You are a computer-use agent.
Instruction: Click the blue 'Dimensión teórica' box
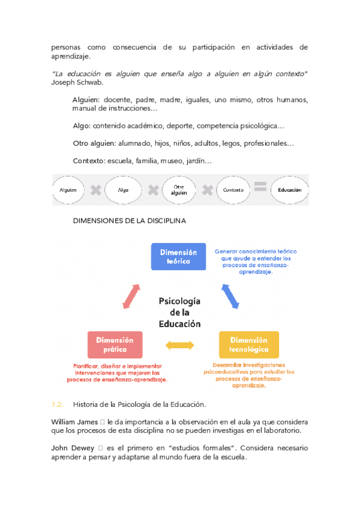[x=178, y=257]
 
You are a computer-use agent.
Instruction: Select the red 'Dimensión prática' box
[x=115, y=345]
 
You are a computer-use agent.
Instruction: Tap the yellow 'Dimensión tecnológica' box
[x=248, y=345]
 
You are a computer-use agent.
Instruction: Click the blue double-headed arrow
[x=230, y=296]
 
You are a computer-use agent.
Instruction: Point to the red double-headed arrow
[x=131, y=296]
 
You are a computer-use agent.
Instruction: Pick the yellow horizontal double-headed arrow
[x=179, y=345]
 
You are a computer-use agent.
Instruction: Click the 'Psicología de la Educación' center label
[x=179, y=312]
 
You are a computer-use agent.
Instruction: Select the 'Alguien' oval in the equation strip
[x=68, y=190]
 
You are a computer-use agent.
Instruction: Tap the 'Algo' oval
[x=123, y=190]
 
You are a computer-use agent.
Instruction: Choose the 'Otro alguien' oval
[x=178, y=190]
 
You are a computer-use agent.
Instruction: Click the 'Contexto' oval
[x=233, y=190]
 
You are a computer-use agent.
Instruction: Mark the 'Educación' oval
[x=289, y=190]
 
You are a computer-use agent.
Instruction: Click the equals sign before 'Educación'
[x=260, y=187]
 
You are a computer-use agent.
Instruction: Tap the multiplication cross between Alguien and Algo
[x=95, y=190]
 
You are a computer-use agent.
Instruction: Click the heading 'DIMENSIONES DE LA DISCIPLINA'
[x=129, y=220]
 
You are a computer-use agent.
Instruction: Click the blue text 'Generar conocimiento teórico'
[x=256, y=251]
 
